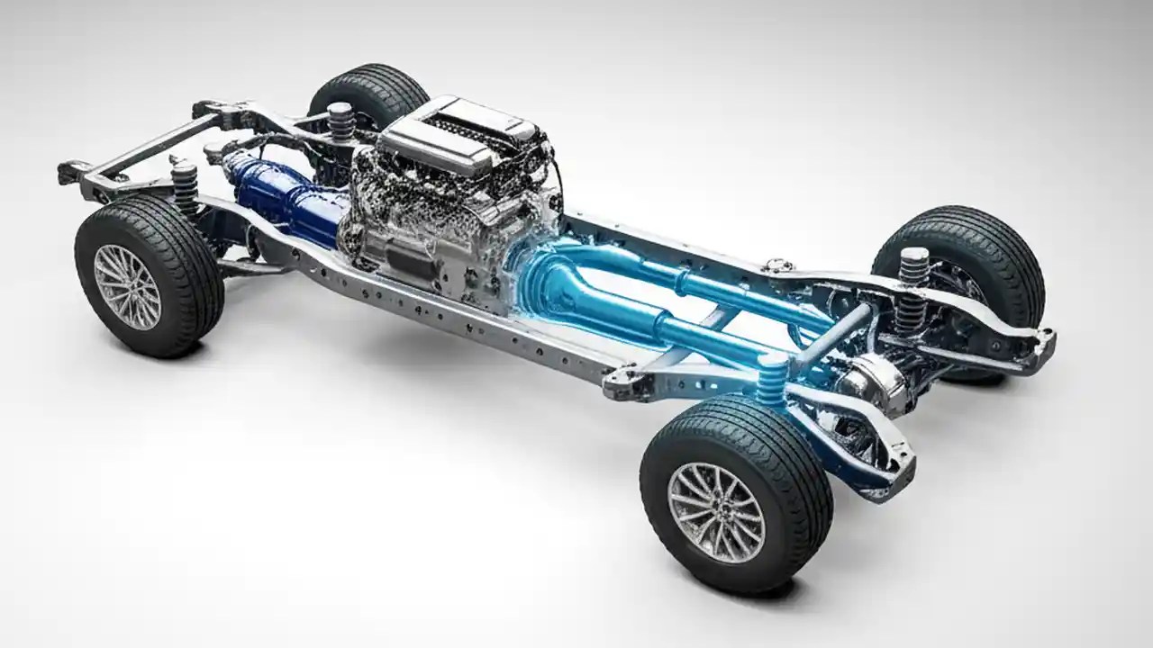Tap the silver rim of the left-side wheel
127,286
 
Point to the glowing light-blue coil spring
772,378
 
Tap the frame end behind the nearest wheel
887,468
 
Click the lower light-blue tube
694,332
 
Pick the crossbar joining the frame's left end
144,144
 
